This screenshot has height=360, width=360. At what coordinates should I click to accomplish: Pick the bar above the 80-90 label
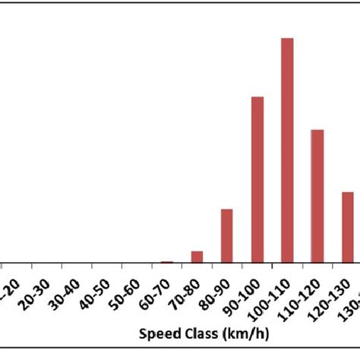227,235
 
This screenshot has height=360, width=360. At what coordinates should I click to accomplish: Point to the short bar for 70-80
197,256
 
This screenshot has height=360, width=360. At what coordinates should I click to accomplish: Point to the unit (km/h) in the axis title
235,333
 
